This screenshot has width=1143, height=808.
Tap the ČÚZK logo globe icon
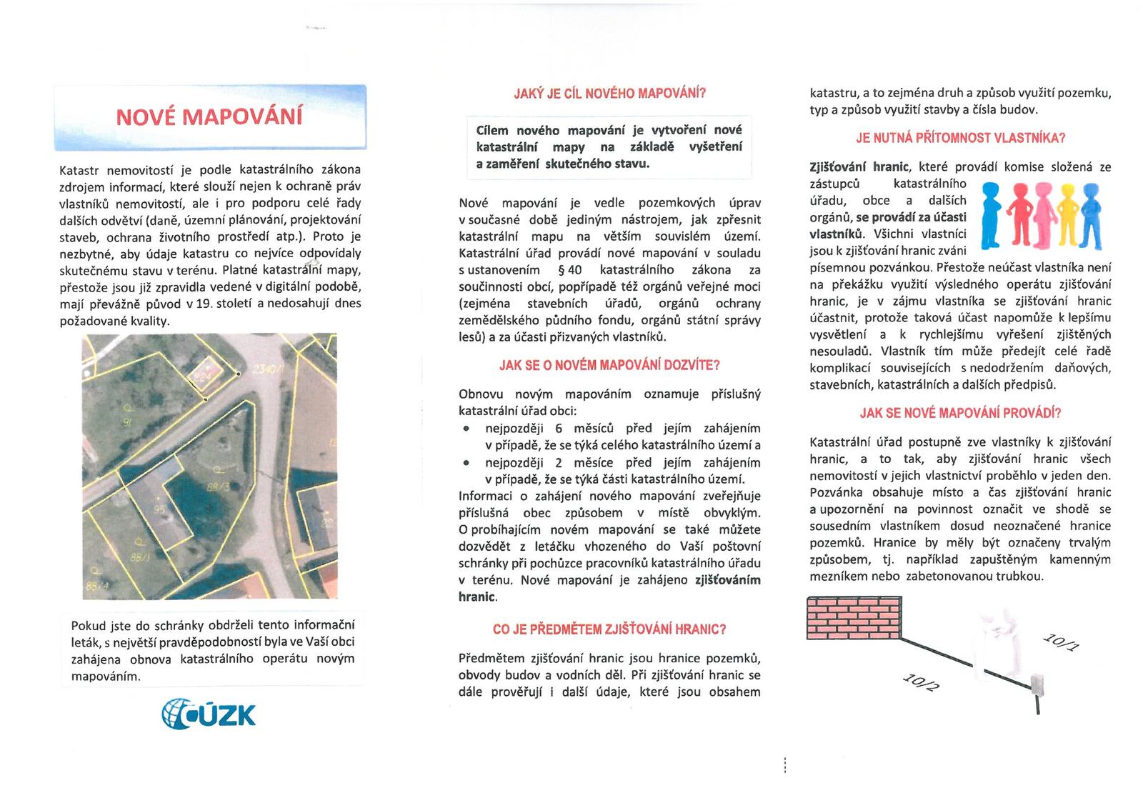point(176,713)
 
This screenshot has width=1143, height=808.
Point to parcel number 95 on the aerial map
point(159,509)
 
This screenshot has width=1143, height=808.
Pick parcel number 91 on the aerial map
point(129,422)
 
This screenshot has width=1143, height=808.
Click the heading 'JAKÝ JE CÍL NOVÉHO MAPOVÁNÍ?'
point(609,94)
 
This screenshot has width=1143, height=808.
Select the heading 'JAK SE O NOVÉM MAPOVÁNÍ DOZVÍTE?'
point(609,365)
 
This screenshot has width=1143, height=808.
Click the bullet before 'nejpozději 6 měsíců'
point(466,429)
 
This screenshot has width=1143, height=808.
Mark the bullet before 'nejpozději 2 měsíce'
point(466,462)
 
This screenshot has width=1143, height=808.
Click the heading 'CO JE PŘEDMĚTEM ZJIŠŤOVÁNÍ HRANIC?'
point(609,629)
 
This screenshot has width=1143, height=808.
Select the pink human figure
point(1044,211)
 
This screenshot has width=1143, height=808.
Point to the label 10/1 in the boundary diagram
point(1062,642)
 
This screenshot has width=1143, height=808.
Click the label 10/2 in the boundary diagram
point(922,682)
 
